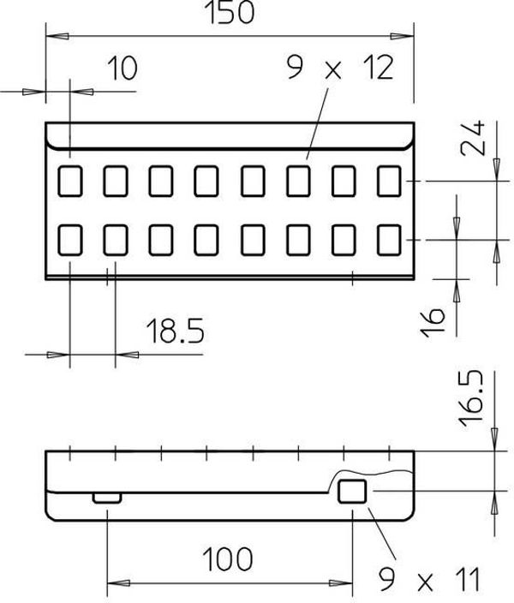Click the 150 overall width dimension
tap(230, 12)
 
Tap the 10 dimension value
tap(123, 68)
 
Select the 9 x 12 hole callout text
tap(340, 68)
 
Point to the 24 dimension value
tap(473, 138)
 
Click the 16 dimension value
tap(433, 322)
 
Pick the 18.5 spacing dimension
tap(176, 331)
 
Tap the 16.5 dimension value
tap(470, 399)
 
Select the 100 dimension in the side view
tap(227, 558)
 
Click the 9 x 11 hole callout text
tap(430, 580)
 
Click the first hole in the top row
tap(70, 181)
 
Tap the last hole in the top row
tap(389, 181)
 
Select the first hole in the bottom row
tap(70, 240)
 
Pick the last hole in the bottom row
tap(389, 240)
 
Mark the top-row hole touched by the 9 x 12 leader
tap(298, 181)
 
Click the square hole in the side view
tap(352, 491)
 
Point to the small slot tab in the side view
tap(107, 498)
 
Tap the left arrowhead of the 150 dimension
tap(57, 37)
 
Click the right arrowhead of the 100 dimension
tap(341, 583)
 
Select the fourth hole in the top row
tap(206, 181)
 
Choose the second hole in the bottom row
tap(116, 240)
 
